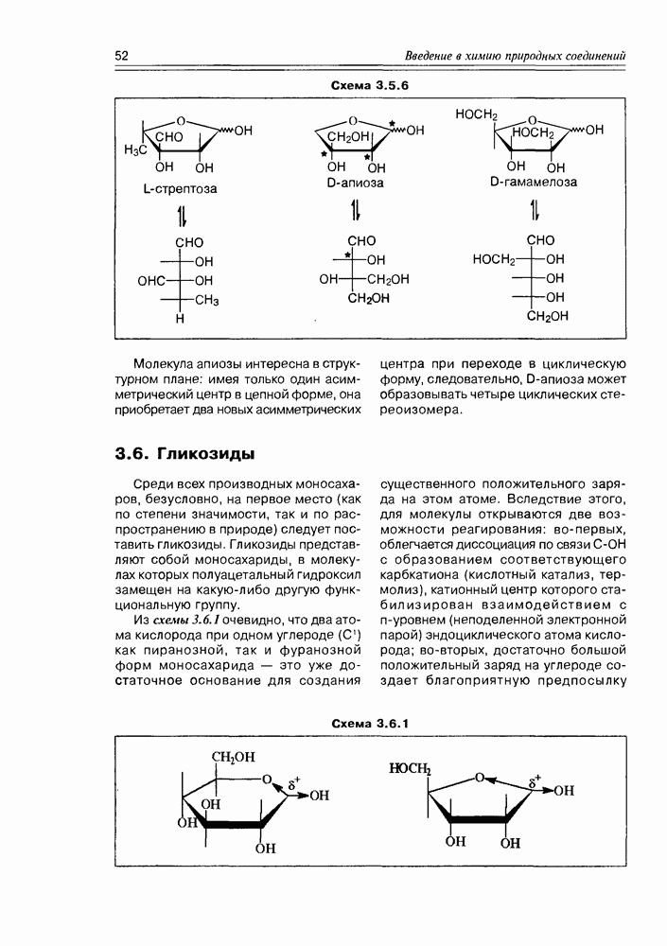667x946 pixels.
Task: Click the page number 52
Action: click(122, 56)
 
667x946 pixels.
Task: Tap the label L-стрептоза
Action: click(180, 188)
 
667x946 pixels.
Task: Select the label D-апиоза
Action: click(356, 183)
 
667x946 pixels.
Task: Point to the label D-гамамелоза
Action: click(534, 182)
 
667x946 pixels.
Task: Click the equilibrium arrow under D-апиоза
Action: click(356, 209)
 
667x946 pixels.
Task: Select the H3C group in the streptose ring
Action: click(138, 149)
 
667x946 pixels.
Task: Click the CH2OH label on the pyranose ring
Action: click(232, 758)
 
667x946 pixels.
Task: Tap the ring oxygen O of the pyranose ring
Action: click(268, 781)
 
